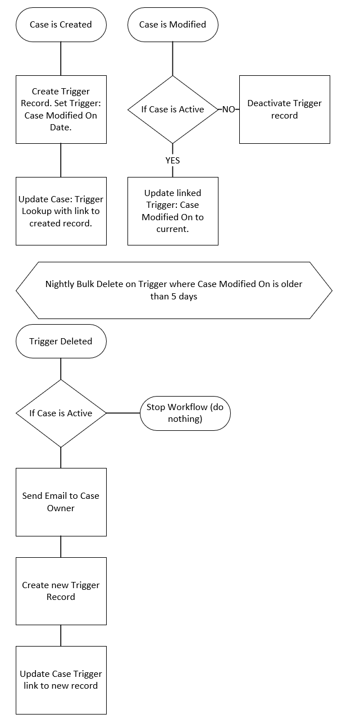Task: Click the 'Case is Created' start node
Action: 61,25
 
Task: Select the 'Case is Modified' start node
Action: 172,25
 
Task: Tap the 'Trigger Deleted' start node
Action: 61,341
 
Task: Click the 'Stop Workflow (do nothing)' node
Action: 185,413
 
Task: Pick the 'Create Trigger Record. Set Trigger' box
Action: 61,109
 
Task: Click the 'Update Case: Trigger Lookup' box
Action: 61,211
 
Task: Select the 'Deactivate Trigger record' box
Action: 284,109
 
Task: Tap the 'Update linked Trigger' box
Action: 172,211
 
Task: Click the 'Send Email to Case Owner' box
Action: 61,502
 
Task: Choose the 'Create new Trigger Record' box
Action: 61,591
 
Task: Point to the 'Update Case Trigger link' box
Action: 61,680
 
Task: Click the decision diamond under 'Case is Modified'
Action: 172,109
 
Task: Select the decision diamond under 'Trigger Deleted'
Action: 61,413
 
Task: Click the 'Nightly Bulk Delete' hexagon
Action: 174,290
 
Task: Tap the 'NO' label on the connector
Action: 229,110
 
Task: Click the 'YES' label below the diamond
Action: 172,160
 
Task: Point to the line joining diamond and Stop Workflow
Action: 123,413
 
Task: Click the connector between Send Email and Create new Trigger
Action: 61,547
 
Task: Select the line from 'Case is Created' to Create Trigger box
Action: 61,58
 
